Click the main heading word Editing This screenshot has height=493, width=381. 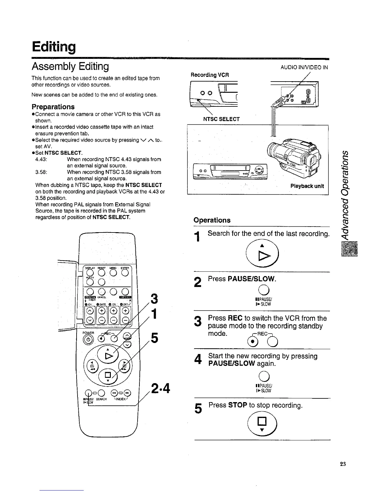[54, 47]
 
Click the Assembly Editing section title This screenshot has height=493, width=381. [70, 66]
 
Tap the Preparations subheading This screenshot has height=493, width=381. [53, 107]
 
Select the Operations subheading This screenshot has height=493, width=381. [212, 220]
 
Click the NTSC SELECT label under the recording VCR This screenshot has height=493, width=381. [221, 119]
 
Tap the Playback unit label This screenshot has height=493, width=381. [307, 186]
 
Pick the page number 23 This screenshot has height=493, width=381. [343, 464]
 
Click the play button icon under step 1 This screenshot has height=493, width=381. [262, 251]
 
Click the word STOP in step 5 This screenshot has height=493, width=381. [238, 405]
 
